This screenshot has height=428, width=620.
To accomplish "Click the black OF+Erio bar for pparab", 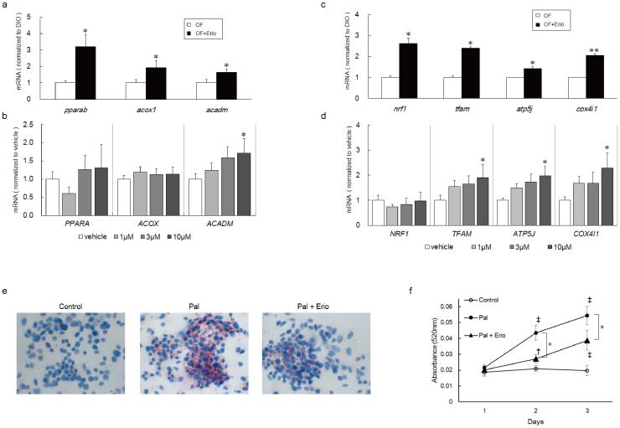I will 85,74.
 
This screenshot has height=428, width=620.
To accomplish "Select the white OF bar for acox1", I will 130,91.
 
